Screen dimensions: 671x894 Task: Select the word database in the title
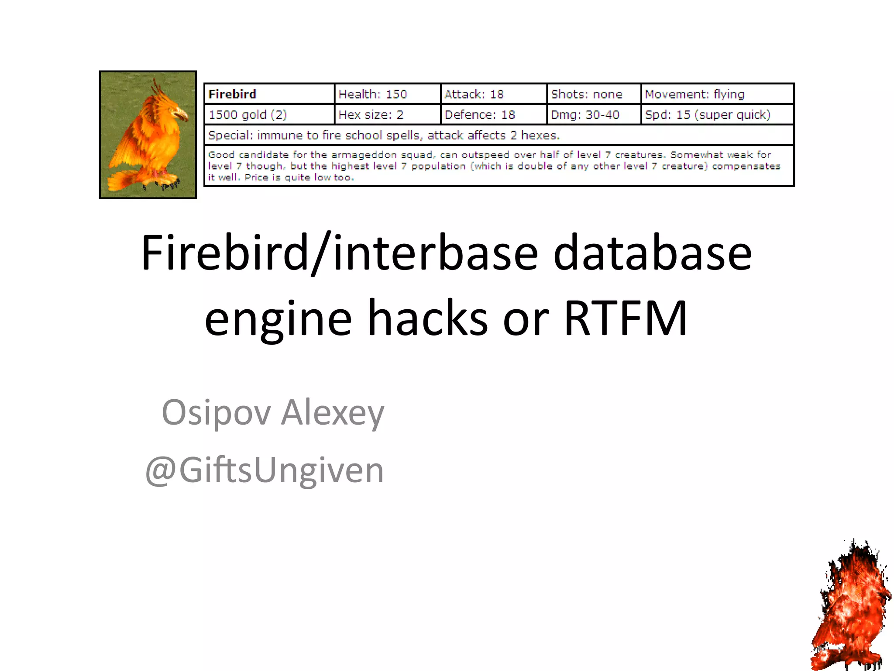(652, 252)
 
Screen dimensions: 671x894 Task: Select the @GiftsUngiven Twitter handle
(264, 470)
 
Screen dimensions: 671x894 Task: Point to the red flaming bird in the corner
(851, 607)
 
